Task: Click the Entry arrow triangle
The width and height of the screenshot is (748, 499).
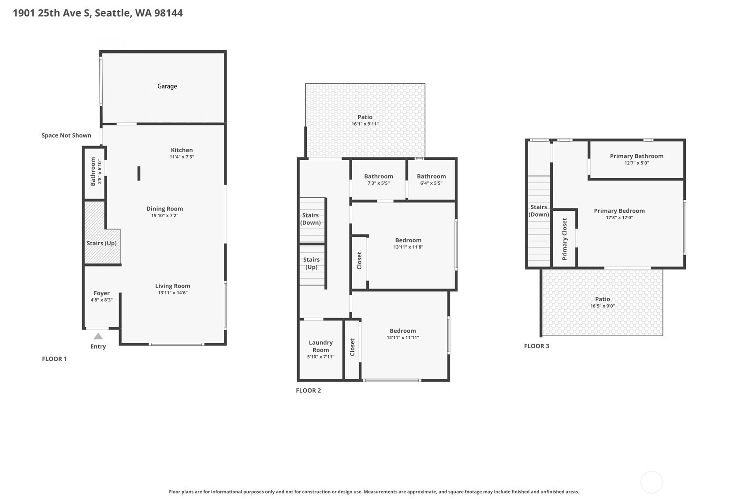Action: click(x=98, y=336)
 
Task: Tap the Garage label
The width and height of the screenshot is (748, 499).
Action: click(x=167, y=86)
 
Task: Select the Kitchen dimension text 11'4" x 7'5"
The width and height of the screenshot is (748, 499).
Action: click(x=182, y=157)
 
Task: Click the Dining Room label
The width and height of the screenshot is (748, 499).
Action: click(x=164, y=209)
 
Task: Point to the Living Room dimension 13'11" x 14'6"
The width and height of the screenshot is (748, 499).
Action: click(x=173, y=293)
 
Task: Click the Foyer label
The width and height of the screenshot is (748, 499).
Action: click(x=101, y=293)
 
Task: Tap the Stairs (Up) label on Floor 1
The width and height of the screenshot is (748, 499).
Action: click(x=101, y=243)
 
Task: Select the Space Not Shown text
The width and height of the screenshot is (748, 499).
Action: click(x=66, y=135)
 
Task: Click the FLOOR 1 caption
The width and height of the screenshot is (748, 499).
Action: click(x=54, y=359)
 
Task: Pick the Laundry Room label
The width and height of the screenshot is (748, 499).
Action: click(x=320, y=346)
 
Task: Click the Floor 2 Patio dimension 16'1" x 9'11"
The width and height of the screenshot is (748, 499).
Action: click(x=365, y=124)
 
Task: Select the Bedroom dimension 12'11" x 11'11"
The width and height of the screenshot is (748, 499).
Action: click(x=403, y=338)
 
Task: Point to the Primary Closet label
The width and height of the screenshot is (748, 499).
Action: click(x=565, y=239)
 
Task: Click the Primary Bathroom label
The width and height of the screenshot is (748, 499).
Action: click(x=637, y=156)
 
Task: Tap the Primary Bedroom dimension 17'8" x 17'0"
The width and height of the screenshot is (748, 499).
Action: click(x=619, y=218)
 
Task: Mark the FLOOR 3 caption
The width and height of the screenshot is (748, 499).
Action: click(x=536, y=346)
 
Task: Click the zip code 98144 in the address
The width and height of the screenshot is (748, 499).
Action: click(x=169, y=13)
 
